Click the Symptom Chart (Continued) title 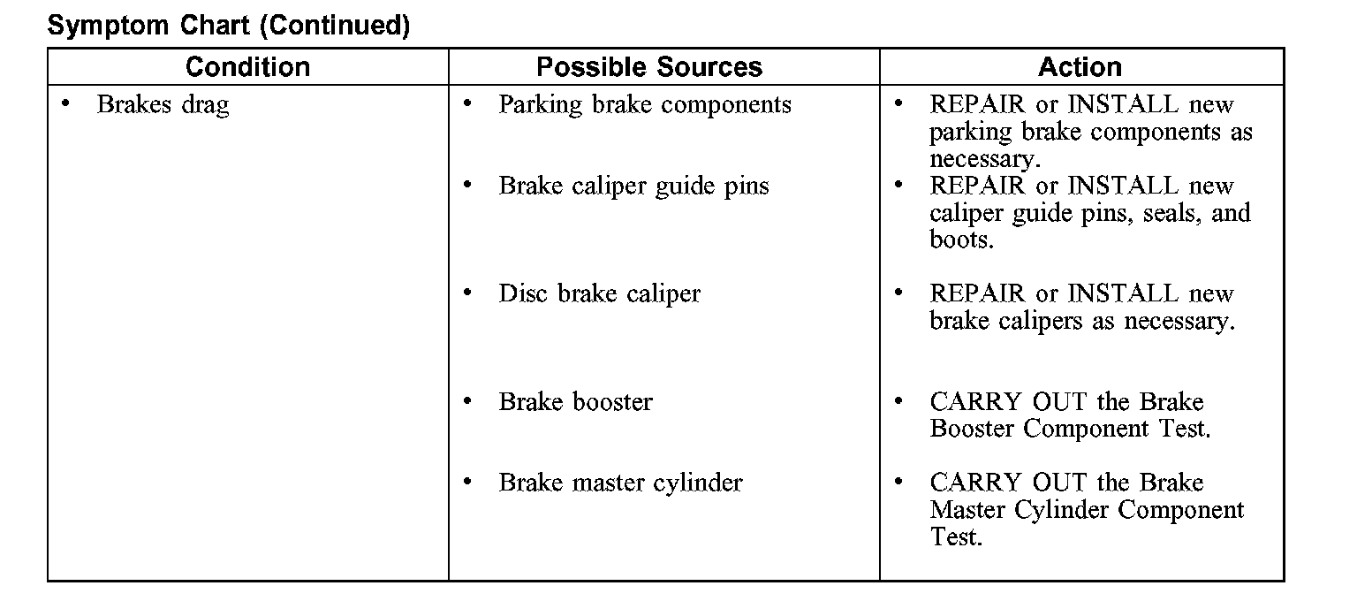[229, 26]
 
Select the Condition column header [247, 67]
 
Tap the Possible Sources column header [648, 67]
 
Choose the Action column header [1080, 67]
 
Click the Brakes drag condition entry [163, 105]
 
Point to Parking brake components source [645, 105]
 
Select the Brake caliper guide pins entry [633, 186]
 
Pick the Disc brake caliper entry [599, 294]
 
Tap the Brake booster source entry [575, 402]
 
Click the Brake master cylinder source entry [620, 483]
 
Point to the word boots [960, 240]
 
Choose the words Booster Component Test [1070, 430]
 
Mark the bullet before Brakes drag [65, 104]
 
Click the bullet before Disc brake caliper [467, 293]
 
